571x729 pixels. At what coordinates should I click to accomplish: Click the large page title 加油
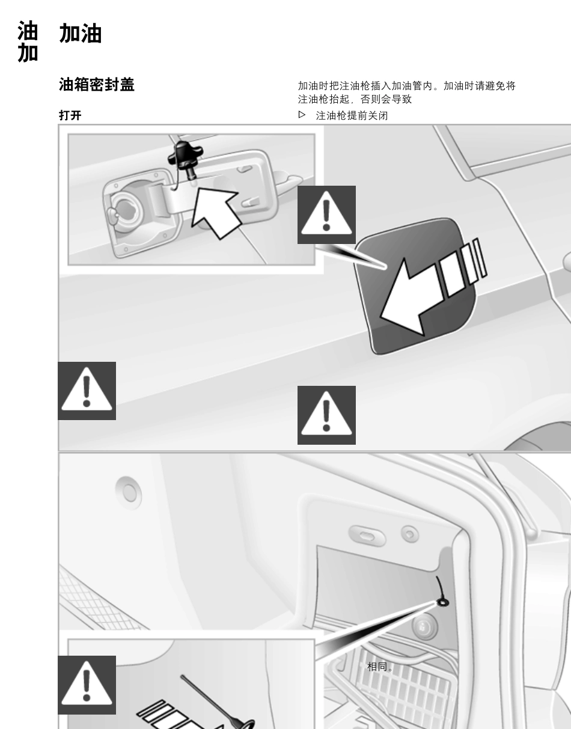click(x=81, y=34)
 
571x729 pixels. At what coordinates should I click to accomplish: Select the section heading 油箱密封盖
click(x=96, y=85)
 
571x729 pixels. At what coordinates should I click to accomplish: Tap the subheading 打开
click(x=70, y=115)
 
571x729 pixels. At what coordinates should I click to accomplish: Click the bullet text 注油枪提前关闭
click(x=352, y=115)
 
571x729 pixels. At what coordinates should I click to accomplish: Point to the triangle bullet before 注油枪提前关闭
click(x=302, y=115)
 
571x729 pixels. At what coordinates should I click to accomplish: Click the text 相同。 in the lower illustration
click(x=380, y=666)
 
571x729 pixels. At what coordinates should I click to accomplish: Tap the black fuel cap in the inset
click(x=185, y=157)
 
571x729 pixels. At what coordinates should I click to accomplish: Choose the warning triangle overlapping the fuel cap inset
click(x=326, y=215)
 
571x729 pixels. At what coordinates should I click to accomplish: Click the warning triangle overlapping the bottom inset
click(x=87, y=685)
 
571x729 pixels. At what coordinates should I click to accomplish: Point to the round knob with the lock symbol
click(x=424, y=627)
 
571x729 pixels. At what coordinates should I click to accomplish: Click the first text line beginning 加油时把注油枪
click(x=406, y=86)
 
